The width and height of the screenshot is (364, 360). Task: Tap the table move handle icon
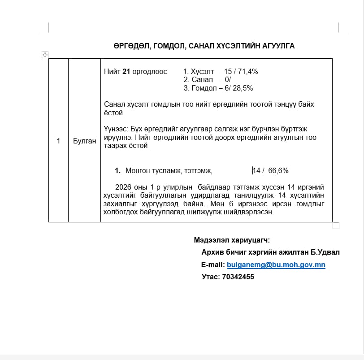coord(44,54)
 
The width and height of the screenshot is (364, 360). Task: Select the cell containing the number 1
coord(58,141)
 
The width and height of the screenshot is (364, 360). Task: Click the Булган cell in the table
coord(84,141)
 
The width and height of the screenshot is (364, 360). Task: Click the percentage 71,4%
coord(248,71)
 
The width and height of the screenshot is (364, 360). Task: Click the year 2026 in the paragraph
coord(123,187)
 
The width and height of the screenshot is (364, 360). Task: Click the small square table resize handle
coord(336,226)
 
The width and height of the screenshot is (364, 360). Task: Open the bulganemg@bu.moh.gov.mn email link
coord(276,265)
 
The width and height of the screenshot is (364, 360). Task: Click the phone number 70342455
coord(238,277)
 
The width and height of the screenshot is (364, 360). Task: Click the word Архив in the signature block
coord(212,252)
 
